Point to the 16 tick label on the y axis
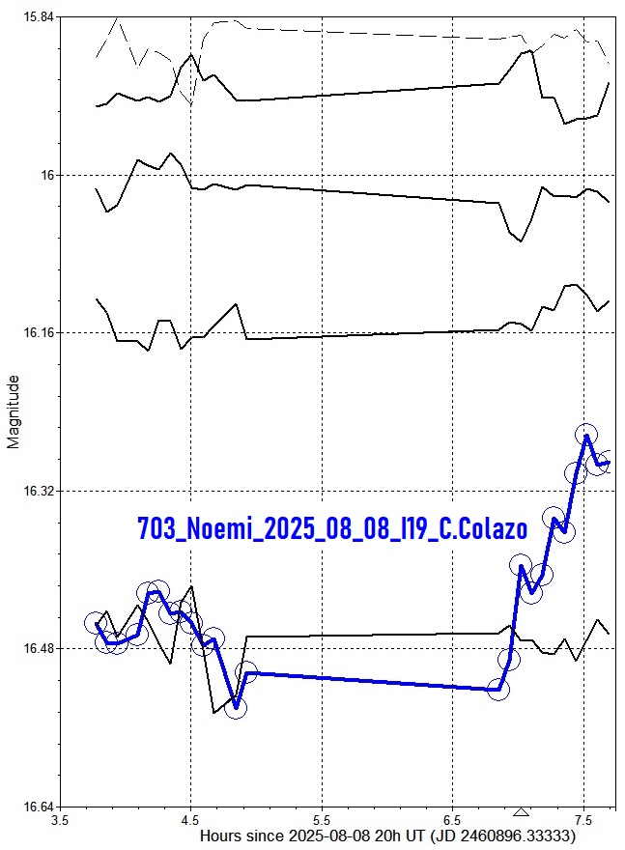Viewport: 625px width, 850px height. click(x=46, y=175)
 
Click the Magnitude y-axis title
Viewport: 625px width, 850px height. click(x=14, y=413)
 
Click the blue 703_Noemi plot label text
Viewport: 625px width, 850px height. click(x=332, y=529)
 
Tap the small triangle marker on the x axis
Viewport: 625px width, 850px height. click(x=522, y=812)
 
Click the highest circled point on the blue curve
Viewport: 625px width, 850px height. click(x=585, y=435)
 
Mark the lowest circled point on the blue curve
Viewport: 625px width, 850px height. click(x=236, y=708)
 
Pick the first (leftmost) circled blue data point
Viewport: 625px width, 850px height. click(x=95, y=623)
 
